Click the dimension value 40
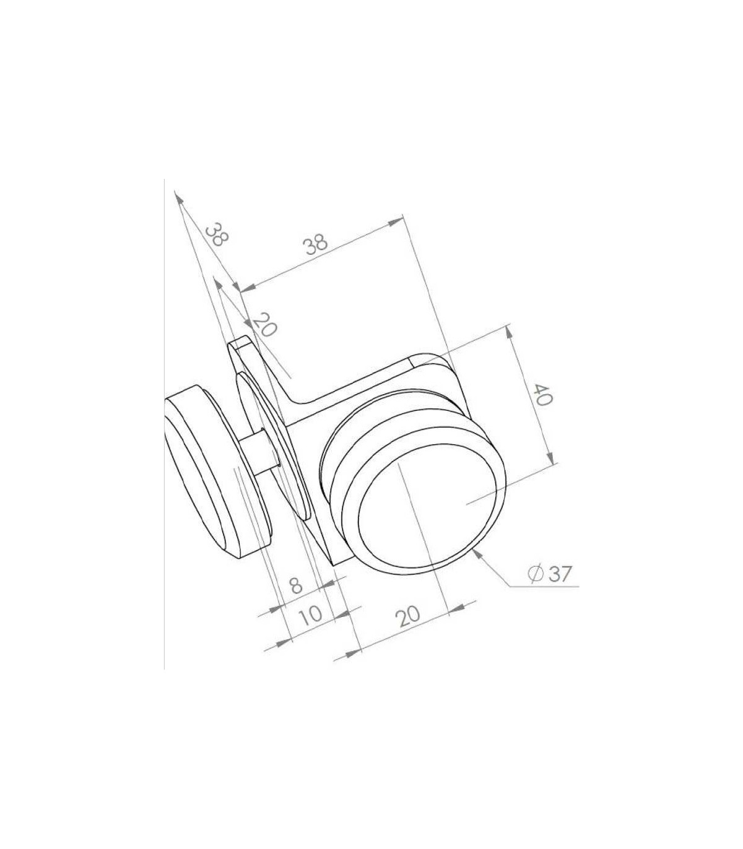(x=543, y=395)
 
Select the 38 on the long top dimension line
(x=317, y=245)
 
